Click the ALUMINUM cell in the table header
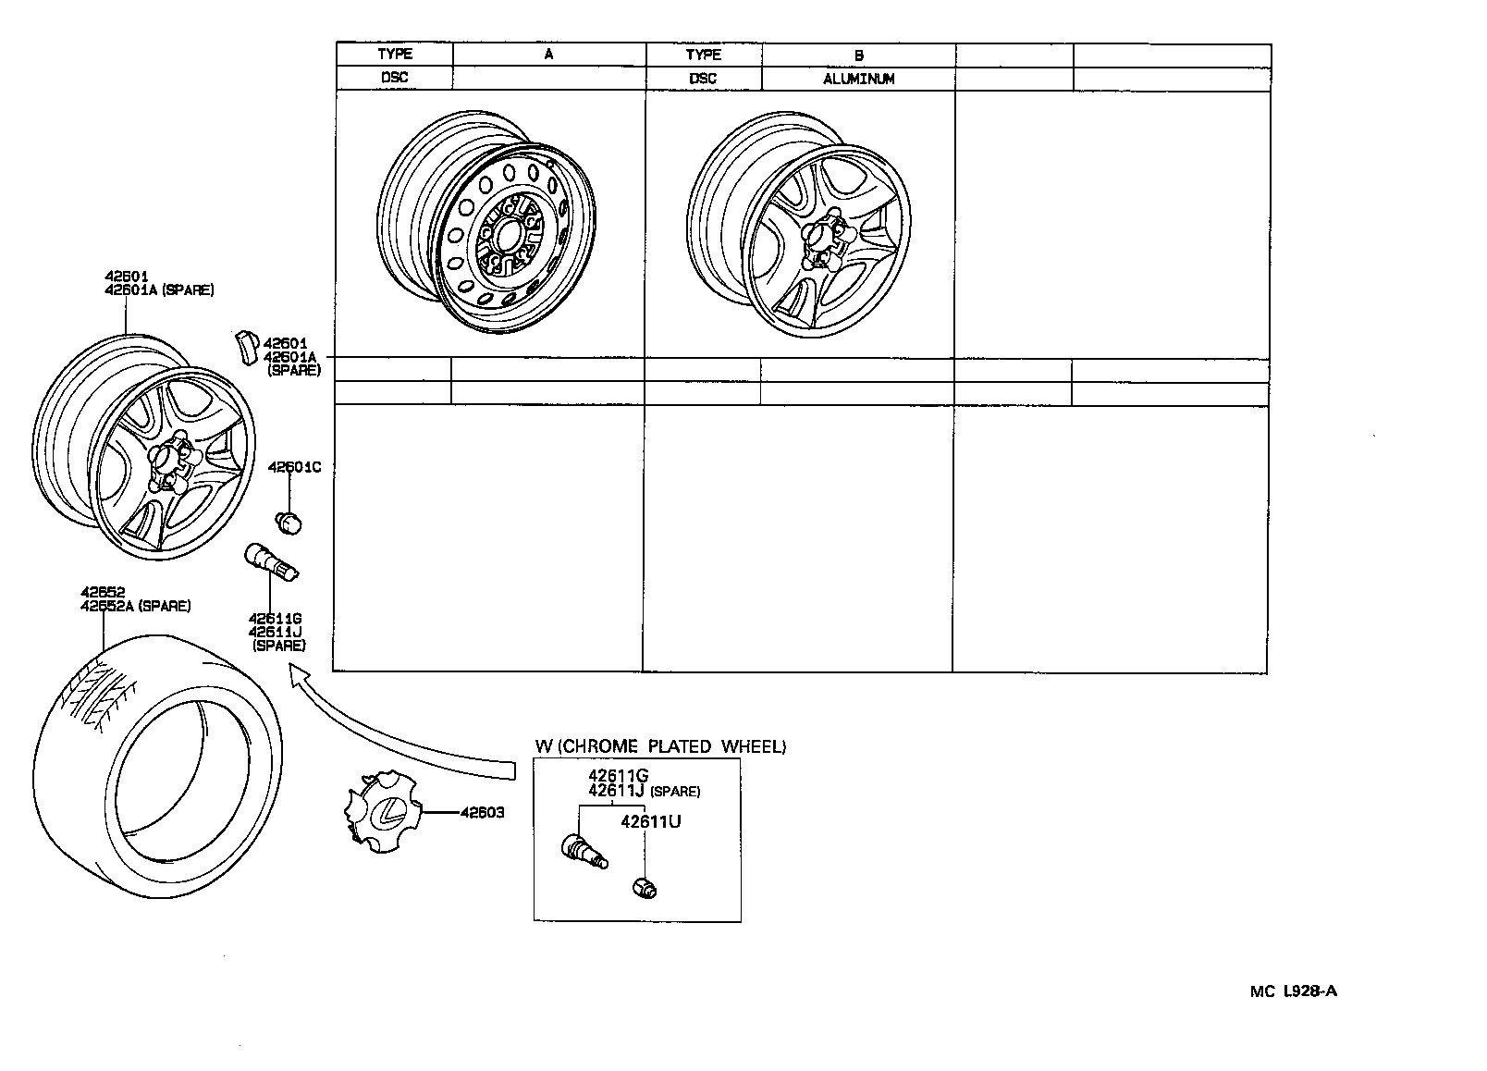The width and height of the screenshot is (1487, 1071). pos(858,79)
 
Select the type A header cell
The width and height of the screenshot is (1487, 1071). pos(548,55)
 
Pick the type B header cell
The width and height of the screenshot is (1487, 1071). pos(858,55)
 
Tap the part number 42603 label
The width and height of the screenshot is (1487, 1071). pos(483,813)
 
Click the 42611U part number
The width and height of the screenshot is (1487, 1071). pos(650,821)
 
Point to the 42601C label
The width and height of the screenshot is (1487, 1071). pos(294,467)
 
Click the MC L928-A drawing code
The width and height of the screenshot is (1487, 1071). pos(1294,991)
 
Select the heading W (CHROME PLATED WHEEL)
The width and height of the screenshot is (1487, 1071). pos(660,746)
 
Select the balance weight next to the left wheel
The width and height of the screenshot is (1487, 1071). pos(246,347)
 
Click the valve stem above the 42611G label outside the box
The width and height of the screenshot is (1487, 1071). pos(269,565)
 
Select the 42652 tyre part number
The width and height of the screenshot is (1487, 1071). pos(103,593)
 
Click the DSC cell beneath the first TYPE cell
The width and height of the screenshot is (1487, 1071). pos(395,78)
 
